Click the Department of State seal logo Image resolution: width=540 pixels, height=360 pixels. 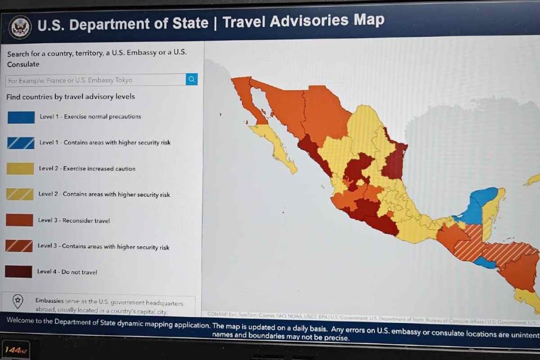pyautogui.click(x=21, y=26)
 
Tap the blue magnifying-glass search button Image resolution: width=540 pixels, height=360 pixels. pyautogui.click(x=191, y=80)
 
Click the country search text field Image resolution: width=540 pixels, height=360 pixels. pyautogui.click(x=95, y=80)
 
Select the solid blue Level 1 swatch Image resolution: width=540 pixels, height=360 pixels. pyautogui.click(x=21, y=117)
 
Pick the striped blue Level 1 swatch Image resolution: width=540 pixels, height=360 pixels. pyautogui.click(x=21, y=143)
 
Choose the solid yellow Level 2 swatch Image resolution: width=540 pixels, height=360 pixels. pyautogui.click(x=21, y=169)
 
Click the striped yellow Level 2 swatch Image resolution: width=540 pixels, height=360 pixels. pyautogui.click(x=20, y=194)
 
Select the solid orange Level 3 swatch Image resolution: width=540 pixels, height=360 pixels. pyautogui.click(x=20, y=220)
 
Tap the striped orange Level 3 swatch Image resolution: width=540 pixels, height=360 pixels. pyautogui.click(x=19, y=246)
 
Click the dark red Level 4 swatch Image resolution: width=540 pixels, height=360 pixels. pyautogui.click(x=18, y=272)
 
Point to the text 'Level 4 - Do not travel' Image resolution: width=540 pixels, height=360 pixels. pyautogui.click(x=67, y=272)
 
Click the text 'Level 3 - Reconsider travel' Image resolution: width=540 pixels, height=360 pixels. pyautogui.click(x=74, y=220)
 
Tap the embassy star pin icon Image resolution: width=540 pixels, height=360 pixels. pyautogui.click(x=18, y=302)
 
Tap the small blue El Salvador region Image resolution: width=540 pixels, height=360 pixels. pyautogui.click(x=484, y=262)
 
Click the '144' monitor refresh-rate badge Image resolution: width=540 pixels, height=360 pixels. pyautogui.click(x=14, y=349)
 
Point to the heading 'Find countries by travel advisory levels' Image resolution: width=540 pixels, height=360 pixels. pyautogui.click(x=71, y=97)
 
